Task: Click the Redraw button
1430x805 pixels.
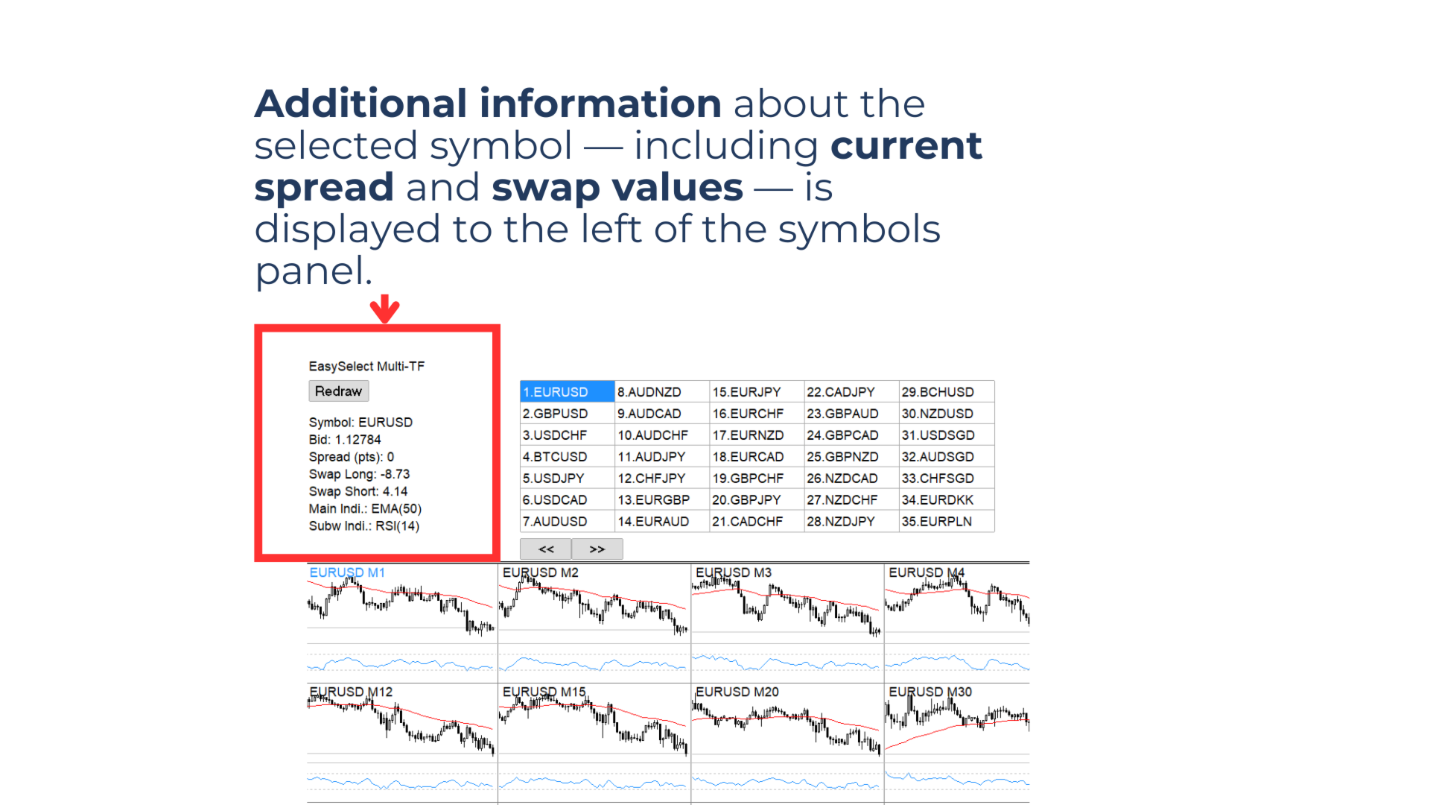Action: coord(338,391)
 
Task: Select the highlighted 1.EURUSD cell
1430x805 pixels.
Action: coord(567,392)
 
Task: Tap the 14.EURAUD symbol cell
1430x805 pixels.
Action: coord(653,522)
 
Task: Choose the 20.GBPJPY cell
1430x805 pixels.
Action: coord(746,500)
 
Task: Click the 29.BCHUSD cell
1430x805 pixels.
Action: coord(938,392)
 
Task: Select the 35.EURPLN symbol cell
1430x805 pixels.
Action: coord(937,522)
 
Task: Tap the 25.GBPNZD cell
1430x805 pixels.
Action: coord(842,457)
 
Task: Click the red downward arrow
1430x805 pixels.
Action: coord(384,309)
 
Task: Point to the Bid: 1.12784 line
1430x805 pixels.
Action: coord(345,440)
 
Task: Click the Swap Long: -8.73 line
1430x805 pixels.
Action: coord(359,474)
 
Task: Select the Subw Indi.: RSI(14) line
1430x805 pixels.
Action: coord(364,526)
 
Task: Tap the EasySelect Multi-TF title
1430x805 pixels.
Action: coord(366,367)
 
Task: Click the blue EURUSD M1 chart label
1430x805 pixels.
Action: coord(347,572)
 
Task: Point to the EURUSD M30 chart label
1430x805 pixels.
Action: coord(930,692)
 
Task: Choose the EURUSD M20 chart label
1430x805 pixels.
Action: coord(737,692)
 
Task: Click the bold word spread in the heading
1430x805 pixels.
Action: coord(324,187)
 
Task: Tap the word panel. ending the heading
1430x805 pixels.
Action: coord(313,271)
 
